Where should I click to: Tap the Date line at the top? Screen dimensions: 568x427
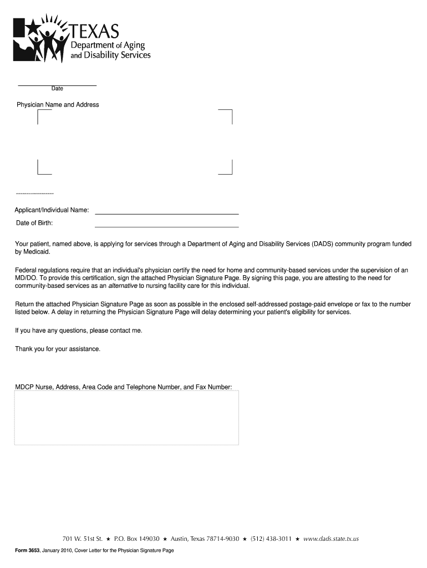(57, 85)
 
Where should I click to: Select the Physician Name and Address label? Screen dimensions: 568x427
(58, 105)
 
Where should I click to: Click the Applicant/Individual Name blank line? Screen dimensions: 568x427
(166, 213)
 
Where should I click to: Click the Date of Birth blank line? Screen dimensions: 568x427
(166, 226)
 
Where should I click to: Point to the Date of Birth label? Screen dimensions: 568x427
(34, 224)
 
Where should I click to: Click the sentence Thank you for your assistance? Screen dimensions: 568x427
(58, 349)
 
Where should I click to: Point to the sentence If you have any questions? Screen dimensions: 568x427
(78, 331)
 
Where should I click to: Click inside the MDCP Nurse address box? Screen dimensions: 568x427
(126, 417)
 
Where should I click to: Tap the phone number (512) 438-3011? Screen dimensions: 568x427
(271, 539)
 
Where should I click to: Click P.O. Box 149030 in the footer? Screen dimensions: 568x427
(136, 539)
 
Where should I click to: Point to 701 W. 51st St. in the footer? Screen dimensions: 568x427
(83, 539)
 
